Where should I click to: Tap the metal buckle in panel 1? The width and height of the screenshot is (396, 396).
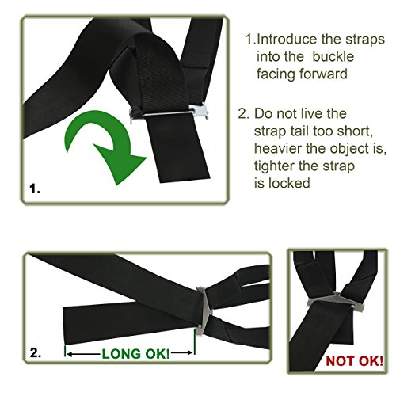[x=169, y=114]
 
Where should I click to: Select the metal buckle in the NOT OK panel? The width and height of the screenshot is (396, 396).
[x=335, y=300]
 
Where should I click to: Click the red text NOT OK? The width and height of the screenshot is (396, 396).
[x=354, y=361]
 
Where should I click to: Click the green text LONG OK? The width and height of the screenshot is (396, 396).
[x=135, y=354]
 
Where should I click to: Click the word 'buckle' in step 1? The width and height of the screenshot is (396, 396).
[x=333, y=56]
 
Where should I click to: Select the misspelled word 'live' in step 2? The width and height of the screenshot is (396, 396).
[x=312, y=113]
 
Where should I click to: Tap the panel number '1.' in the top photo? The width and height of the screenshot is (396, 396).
[x=35, y=189]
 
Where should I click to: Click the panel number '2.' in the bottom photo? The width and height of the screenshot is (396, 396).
[x=36, y=352]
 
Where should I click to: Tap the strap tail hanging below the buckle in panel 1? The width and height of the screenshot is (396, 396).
[x=177, y=148]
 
